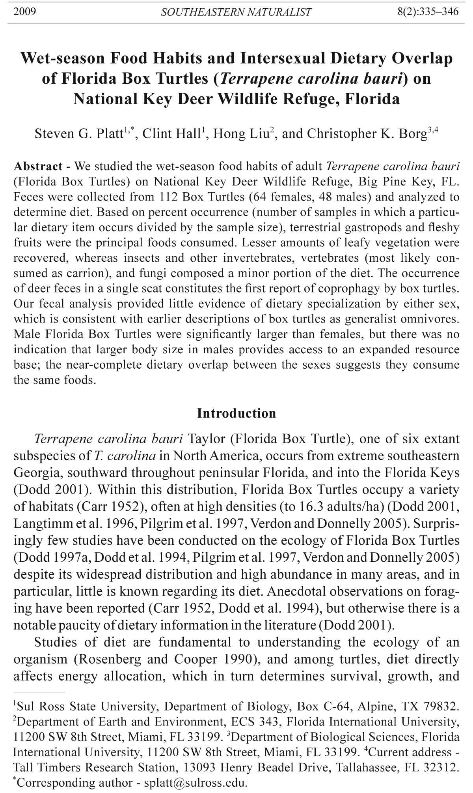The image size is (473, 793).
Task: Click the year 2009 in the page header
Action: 24,11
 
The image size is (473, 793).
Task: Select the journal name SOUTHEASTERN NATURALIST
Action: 236,12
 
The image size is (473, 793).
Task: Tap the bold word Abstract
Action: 38,166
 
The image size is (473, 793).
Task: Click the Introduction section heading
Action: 236,413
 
